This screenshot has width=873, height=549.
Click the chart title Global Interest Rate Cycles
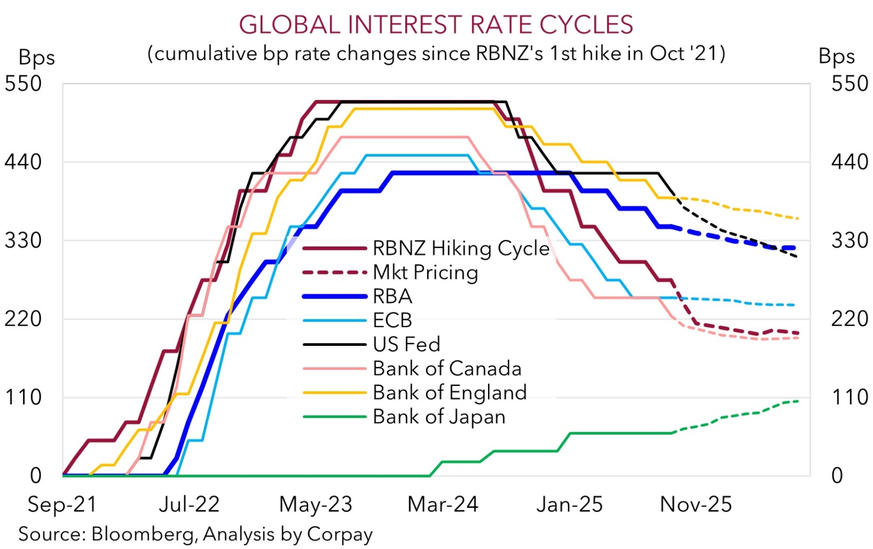coord(436,25)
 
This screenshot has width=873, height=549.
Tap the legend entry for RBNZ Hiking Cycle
coord(461,249)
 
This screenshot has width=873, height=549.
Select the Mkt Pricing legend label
coord(426,272)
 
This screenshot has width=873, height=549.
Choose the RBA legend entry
coord(393,296)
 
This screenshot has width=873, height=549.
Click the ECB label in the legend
coord(392,320)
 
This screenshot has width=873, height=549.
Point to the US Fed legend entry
coord(406,344)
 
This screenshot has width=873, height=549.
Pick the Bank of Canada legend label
coord(447,368)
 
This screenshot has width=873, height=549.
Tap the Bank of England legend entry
coord(450,393)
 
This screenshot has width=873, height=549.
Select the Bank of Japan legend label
coord(439,417)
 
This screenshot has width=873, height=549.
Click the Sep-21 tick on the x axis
coord(62,504)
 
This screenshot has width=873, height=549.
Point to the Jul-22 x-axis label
coord(189,504)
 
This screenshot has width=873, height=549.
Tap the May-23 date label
coord(316,504)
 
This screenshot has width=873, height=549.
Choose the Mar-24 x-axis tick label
coord(443,504)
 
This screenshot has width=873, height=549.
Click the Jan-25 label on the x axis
coord(569,504)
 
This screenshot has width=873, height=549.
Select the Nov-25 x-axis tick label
coord(696,504)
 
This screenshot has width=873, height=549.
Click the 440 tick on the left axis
coord(23,163)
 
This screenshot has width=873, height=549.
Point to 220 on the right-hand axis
coord(849,319)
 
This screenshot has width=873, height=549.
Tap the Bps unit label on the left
coord(37,58)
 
